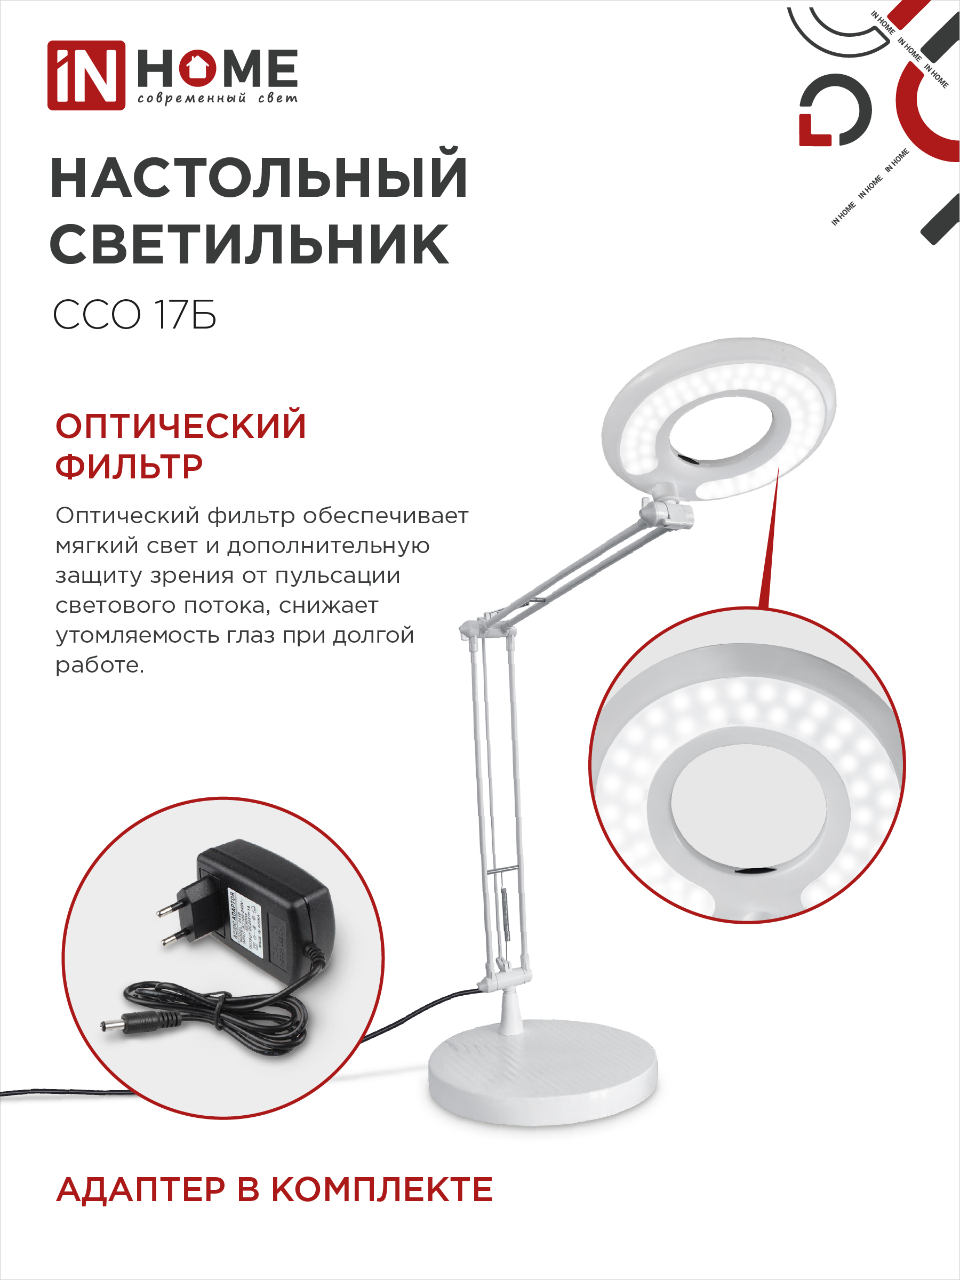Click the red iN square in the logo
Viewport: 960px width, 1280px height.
[x=86, y=75]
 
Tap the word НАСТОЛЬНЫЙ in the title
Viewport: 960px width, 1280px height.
[x=259, y=178]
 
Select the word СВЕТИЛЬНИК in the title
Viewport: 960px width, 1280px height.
[x=250, y=245]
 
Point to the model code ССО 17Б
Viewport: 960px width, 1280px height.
[x=134, y=315]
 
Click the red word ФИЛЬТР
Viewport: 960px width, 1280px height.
[x=129, y=467]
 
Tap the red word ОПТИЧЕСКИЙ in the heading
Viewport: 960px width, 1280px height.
[x=181, y=427]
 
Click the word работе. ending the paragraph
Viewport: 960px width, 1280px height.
[x=100, y=666]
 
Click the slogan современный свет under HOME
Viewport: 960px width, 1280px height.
[x=218, y=98]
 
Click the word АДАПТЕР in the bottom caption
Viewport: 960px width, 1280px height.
[x=141, y=1190]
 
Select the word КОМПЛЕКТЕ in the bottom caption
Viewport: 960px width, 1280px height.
[x=382, y=1190]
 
